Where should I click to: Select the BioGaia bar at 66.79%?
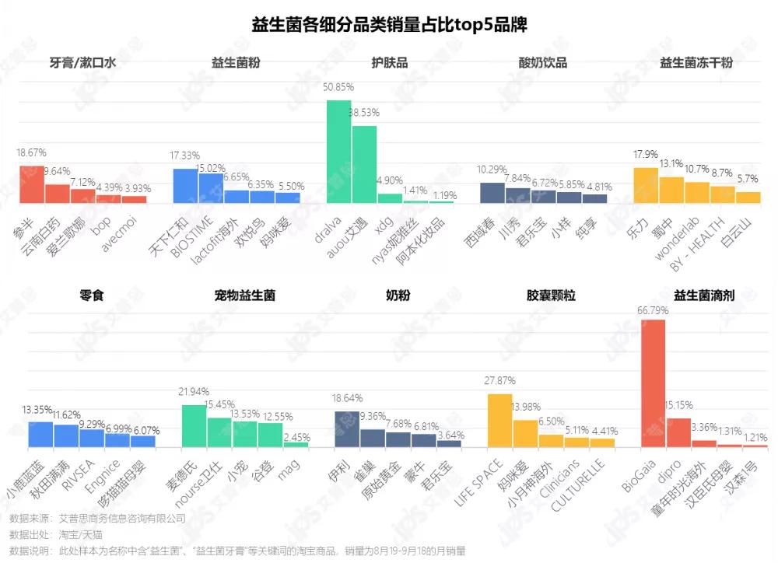click(x=652, y=384)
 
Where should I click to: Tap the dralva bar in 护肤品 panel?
click(x=338, y=152)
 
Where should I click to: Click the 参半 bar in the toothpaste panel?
click(x=32, y=184)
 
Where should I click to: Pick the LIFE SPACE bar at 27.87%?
click(x=499, y=421)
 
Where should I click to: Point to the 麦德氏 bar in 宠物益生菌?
click(x=194, y=426)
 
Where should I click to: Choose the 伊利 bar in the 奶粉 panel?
click(x=346, y=429)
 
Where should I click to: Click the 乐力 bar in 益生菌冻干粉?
click(x=646, y=185)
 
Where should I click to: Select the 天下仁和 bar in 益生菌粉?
click(x=185, y=186)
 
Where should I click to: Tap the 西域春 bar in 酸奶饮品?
click(x=492, y=193)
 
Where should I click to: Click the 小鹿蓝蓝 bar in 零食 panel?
click(x=40, y=435)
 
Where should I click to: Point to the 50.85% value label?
click(x=338, y=87)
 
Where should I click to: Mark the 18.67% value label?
click(x=32, y=153)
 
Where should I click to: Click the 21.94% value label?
click(x=194, y=390)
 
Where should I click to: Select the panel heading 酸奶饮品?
click(x=542, y=63)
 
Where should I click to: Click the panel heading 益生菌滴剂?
click(x=704, y=295)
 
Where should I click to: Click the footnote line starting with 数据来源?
click(x=97, y=518)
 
